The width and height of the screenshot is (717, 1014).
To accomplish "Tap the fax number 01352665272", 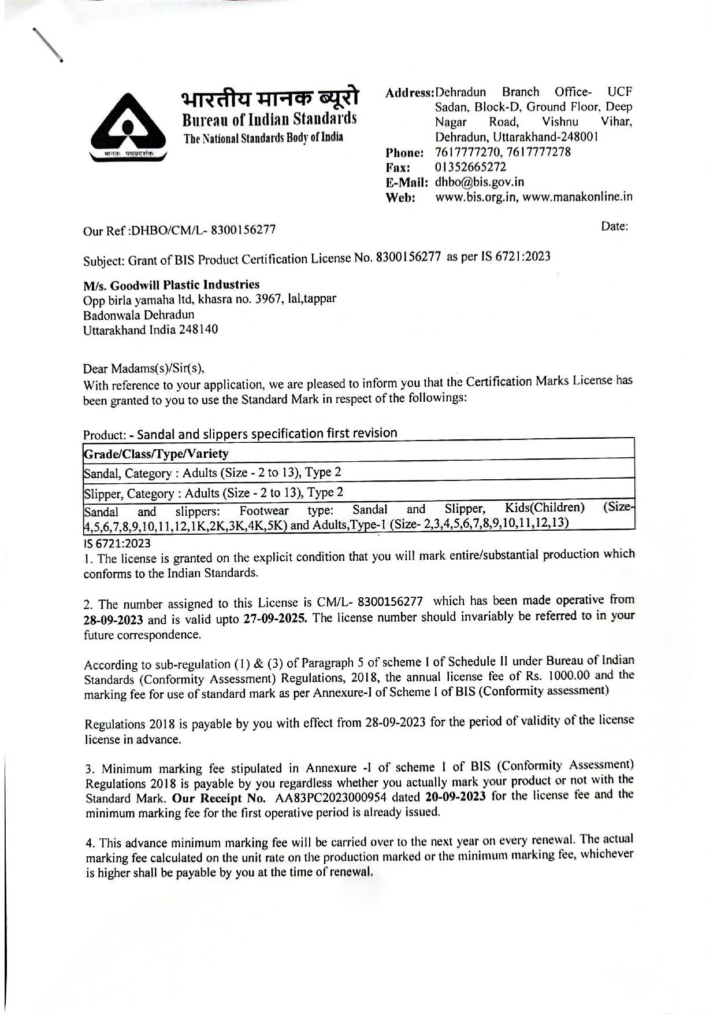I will tap(470, 167).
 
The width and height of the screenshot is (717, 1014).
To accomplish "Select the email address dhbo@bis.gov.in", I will tap(479, 182).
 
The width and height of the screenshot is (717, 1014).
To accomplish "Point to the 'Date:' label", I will tap(614, 226).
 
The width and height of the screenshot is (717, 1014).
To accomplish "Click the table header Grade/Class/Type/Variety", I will tap(157, 453).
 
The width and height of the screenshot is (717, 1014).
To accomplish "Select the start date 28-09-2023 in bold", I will tap(113, 620).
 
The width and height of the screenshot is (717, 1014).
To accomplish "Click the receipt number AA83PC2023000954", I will tap(336, 798).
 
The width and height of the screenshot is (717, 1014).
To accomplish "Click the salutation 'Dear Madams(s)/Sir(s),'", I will tap(144, 368).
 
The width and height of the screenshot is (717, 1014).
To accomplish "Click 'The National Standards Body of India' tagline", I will tap(263, 138).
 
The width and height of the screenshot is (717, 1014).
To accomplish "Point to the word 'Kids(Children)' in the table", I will tap(545, 508).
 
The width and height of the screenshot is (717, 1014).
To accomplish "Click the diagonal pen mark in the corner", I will tap(47, 43).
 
